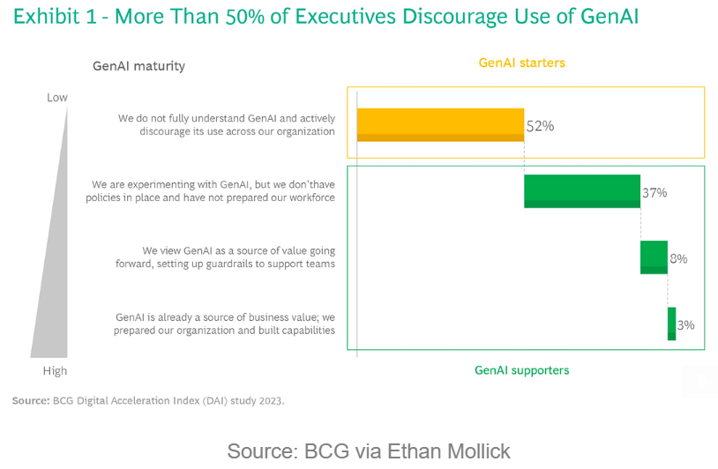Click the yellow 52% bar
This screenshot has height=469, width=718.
pos(440,125)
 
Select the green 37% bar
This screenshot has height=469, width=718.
pos(582,191)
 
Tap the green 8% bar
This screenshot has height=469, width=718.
pos(654,257)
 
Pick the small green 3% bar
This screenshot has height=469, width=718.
pos(672,324)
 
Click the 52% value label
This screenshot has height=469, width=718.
pos(541,126)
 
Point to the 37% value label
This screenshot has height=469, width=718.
pos(654,193)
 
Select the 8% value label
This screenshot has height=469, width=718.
pos(678,258)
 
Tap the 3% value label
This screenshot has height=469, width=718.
pos(686,325)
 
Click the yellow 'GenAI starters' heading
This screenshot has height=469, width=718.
pos(522,63)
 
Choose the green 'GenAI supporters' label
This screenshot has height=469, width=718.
pos(522,370)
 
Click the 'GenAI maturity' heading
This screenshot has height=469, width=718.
pos(138,66)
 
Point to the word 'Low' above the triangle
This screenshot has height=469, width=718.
pos(57,98)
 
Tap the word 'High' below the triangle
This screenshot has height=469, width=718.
pos(55,370)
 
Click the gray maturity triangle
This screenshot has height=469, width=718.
pos(55,274)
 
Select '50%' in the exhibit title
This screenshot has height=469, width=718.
pos(245,17)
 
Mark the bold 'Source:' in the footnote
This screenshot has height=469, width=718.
pos(31,401)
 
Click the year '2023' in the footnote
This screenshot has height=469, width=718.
pos(271,401)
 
